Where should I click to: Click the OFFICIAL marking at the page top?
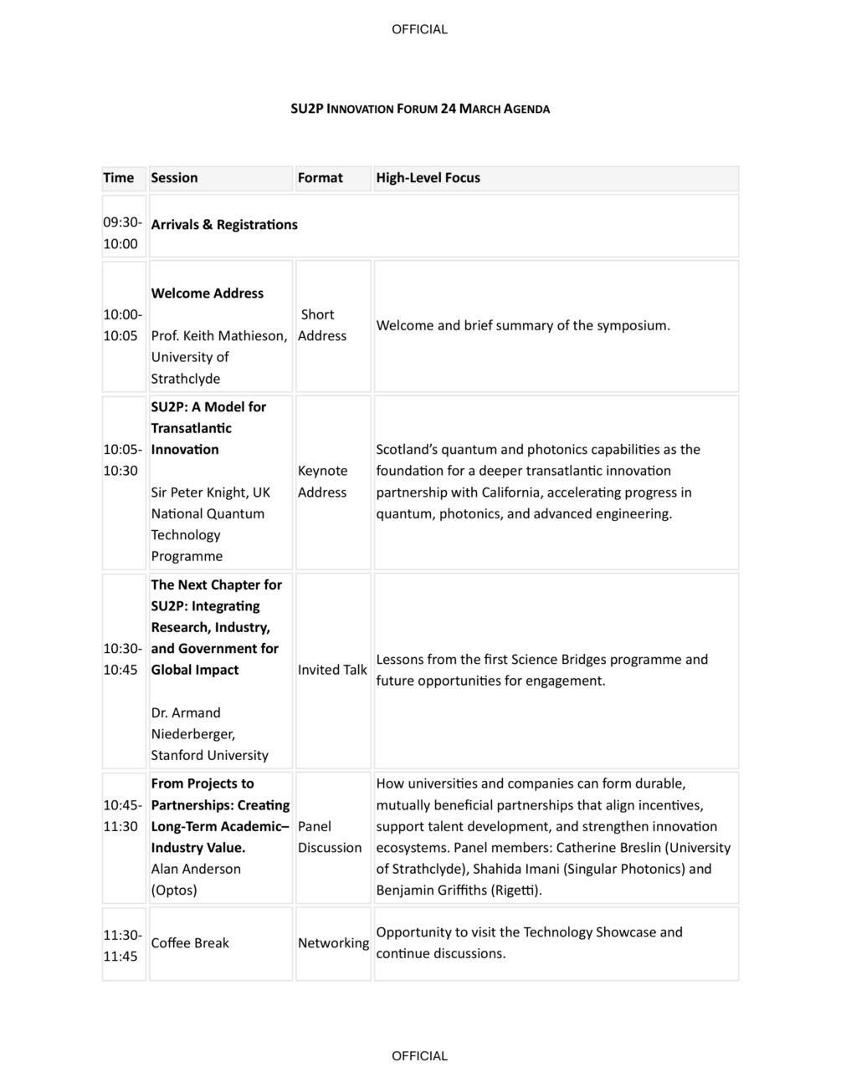point(419,29)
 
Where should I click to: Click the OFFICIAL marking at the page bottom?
point(419,1056)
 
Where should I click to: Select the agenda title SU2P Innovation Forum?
point(419,109)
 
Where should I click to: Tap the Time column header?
point(118,178)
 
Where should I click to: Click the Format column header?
point(320,178)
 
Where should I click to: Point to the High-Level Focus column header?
point(428,178)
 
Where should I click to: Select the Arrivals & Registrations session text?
point(224,225)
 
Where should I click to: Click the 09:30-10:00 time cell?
point(122,233)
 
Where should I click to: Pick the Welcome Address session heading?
point(207,293)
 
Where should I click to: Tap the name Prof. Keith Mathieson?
point(218,336)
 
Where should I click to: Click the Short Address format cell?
point(322,325)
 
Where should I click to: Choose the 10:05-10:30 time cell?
point(122,460)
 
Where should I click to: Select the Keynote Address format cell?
point(322,482)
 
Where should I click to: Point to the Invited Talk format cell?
point(332,670)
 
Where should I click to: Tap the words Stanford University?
point(209,755)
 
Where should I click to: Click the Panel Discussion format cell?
point(330,837)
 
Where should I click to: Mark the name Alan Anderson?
point(196,869)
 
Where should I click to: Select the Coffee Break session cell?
point(190,943)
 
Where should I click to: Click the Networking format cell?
point(333,943)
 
